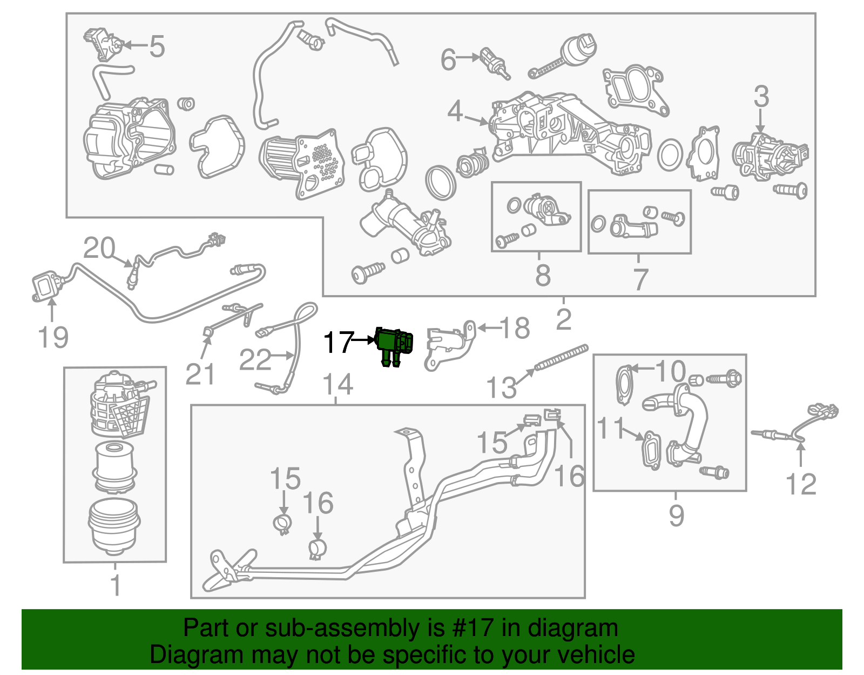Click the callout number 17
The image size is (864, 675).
[x=337, y=343]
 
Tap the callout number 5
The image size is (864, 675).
[x=157, y=46]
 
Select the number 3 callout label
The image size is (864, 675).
[x=761, y=97]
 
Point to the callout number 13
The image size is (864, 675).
[x=501, y=387]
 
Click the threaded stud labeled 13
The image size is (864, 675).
[x=562, y=358]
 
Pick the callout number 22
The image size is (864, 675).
[x=255, y=360]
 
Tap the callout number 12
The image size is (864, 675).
[x=801, y=484]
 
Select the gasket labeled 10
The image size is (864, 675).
[x=625, y=385]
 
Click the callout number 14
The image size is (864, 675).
[x=337, y=385]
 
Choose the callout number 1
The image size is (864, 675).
[x=115, y=586]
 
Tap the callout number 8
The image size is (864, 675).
[x=543, y=275]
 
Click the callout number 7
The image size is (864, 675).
[x=640, y=279]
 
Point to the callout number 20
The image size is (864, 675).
[x=99, y=248]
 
